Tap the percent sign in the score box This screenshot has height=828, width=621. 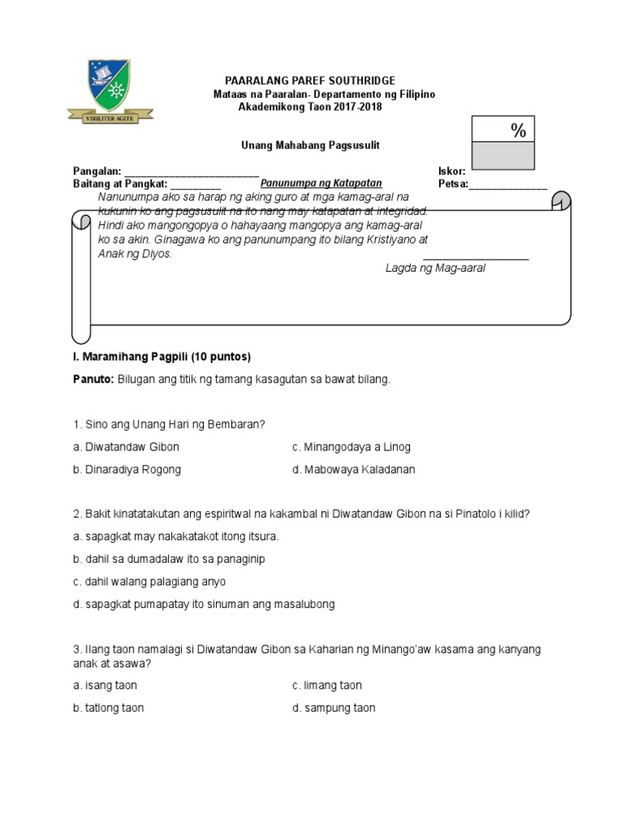click(x=517, y=131)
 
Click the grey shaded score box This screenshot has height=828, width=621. click(x=503, y=155)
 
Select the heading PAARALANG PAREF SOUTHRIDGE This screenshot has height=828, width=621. click(x=310, y=81)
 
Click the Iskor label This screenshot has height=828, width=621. click(x=451, y=172)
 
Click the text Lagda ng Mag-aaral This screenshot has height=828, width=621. click(x=435, y=268)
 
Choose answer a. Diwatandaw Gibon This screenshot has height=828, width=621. click(x=126, y=447)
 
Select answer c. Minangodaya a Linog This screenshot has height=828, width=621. click(x=351, y=447)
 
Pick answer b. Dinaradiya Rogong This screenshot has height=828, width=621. click(x=127, y=470)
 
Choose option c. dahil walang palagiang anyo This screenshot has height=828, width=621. click(x=150, y=581)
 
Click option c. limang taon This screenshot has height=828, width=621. click(x=327, y=685)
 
